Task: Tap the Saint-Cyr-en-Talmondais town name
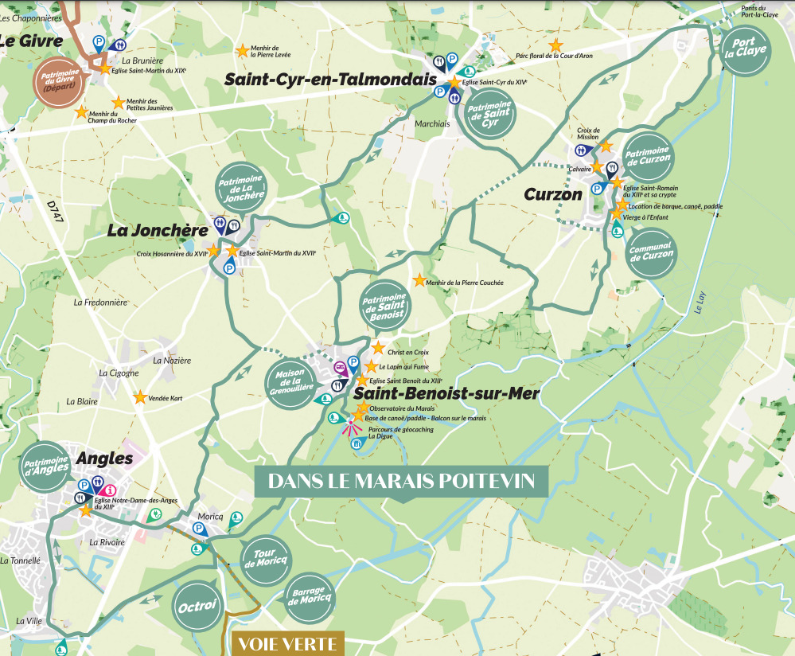(330, 80)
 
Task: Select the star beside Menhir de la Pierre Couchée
(419, 280)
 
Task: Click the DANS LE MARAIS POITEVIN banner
(402, 482)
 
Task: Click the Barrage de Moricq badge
(307, 595)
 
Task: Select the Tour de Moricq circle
(265, 559)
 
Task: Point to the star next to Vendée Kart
(140, 396)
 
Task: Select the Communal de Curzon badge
(651, 254)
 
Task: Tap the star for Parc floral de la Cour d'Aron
(555, 45)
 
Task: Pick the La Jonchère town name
(152, 231)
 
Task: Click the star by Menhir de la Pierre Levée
(242, 51)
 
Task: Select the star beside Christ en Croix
(378, 348)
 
